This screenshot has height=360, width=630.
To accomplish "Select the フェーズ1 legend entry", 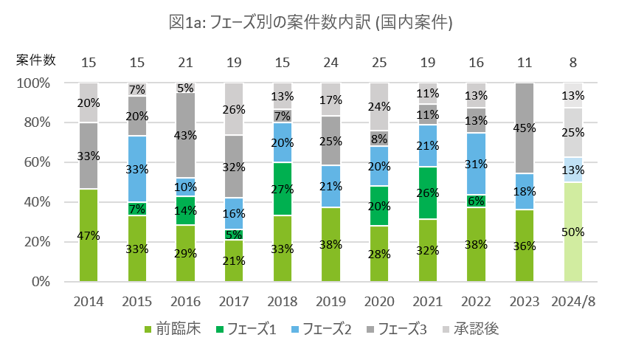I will coord(246,329).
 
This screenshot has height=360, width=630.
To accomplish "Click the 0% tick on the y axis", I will coord(38,282).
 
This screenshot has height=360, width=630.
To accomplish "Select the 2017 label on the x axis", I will coord(234,301).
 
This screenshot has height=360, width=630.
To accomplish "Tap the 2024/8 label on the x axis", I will coord(572,301).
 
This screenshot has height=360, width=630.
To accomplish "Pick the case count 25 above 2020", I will coord(379,60).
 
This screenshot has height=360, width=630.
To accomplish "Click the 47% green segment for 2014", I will coord(89,235).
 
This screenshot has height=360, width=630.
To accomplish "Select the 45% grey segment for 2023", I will coord(525,128).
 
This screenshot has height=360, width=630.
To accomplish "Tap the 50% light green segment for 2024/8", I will coord(573,232).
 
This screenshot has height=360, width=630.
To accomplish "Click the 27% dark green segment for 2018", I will coord(283,189).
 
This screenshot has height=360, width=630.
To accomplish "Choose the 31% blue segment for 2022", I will coord(477,164).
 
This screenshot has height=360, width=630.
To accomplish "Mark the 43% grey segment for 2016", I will coord(185,135).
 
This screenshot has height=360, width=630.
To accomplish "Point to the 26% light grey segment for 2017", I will coord(234,109).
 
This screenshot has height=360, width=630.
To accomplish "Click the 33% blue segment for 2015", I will coord(137,169).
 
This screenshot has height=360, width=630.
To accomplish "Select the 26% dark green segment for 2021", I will coord(428,193).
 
